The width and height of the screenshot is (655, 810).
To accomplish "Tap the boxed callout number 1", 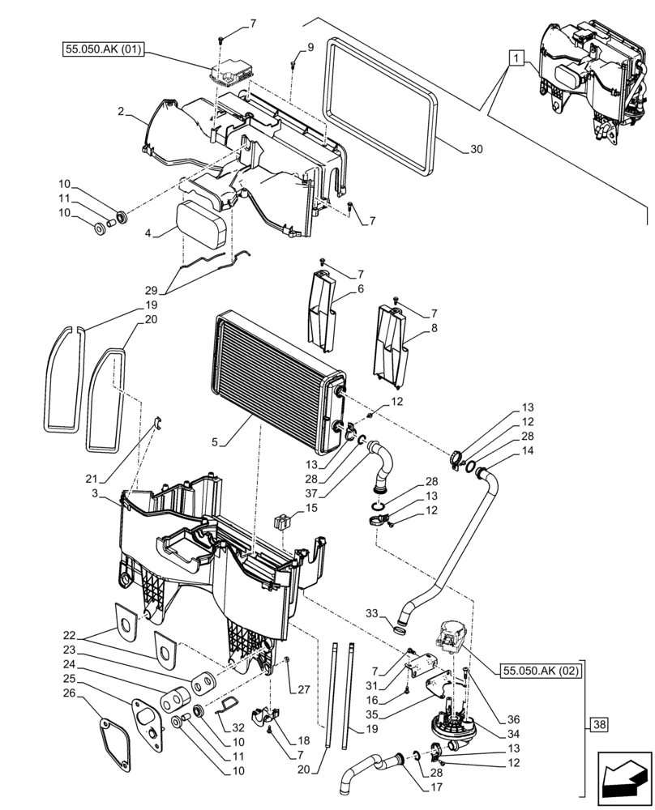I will tap(516, 58).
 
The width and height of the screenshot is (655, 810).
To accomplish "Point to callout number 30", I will tap(476, 149).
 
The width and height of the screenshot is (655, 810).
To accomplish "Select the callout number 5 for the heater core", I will tap(215, 442).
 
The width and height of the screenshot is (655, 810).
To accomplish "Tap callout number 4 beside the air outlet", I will tap(148, 233).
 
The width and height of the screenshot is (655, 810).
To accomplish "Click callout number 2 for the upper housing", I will tap(120, 112).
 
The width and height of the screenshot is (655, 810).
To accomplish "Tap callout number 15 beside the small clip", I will tap(312, 508).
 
